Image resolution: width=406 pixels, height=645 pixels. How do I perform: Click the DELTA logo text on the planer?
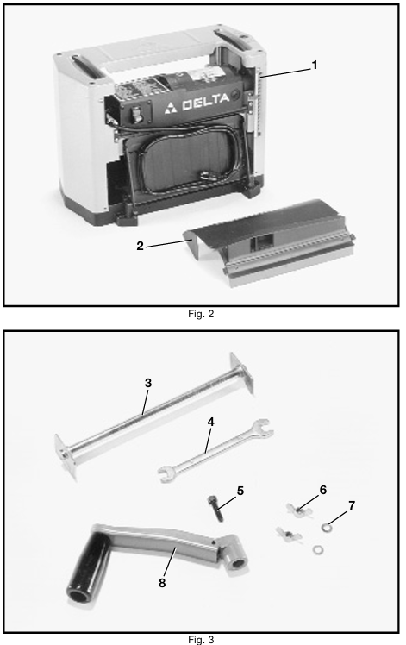[206, 101]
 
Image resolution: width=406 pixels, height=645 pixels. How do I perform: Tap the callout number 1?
[315, 65]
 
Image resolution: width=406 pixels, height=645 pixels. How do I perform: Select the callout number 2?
[140, 246]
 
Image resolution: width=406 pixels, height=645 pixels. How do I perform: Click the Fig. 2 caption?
[201, 314]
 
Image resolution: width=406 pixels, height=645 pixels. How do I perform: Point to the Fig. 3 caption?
[201, 640]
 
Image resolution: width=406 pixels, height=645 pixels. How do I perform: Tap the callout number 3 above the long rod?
[148, 383]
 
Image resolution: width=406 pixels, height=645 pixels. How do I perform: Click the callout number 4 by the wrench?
[211, 422]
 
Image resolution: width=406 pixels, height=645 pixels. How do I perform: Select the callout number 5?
[240, 491]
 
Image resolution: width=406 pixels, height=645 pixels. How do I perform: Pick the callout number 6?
[323, 490]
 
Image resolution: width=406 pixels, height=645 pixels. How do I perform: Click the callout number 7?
[352, 505]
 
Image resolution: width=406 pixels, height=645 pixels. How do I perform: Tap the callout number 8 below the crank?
[162, 583]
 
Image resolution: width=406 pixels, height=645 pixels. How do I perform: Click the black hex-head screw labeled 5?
[215, 509]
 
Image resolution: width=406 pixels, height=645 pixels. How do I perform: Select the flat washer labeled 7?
[325, 527]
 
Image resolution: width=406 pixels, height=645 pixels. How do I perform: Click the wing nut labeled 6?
[299, 511]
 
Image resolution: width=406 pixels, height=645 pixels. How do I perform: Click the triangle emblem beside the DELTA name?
[171, 108]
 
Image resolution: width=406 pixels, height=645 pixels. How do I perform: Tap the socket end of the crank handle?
[234, 554]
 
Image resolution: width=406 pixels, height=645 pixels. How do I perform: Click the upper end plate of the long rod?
[242, 373]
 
